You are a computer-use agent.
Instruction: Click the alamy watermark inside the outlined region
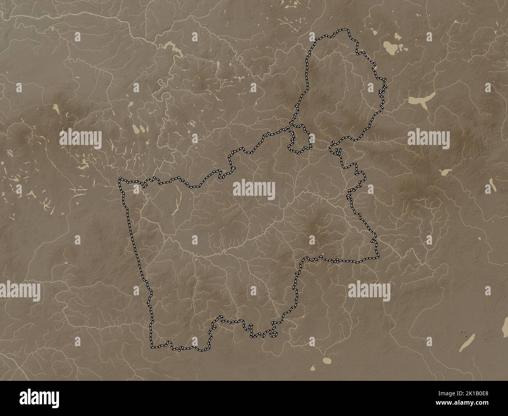point(254,190)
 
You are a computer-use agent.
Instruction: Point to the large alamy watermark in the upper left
point(80,138)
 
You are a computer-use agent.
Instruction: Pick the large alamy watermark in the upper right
point(428,138)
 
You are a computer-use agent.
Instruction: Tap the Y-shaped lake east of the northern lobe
point(422,100)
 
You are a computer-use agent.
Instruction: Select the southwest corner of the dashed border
point(152,346)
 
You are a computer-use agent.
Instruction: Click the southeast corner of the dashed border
point(377,258)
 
